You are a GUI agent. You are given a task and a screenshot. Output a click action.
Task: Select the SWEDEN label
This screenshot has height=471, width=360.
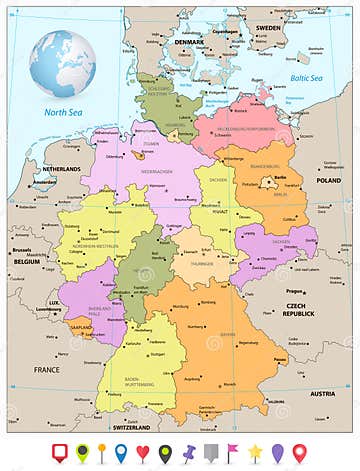tap(269, 29)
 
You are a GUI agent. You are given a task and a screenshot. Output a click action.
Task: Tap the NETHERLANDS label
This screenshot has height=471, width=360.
tap(60, 170)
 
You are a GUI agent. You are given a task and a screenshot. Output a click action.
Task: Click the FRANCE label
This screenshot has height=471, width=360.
tap(47, 369)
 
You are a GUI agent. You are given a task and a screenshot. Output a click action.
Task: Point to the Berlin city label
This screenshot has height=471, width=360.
tap(281, 177)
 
